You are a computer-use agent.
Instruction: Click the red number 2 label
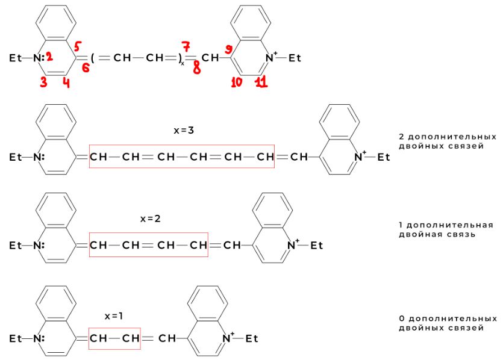48,57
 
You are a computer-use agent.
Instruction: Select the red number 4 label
66,83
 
